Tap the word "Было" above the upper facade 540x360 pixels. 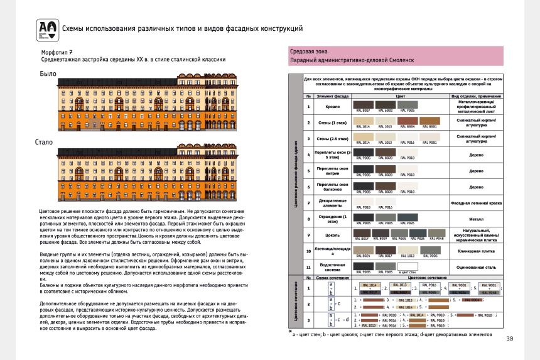click(x=47, y=74)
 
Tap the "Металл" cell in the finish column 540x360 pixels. click(x=475, y=219)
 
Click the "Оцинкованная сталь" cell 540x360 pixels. click(x=475, y=268)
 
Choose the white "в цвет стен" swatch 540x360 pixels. click(x=408, y=266)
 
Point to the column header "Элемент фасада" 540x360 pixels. click(x=332, y=95)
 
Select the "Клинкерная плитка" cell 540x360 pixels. click(x=475, y=251)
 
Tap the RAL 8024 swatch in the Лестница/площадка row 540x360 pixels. click(x=365, y=250)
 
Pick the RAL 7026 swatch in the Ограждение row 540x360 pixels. click(x=408, y=217)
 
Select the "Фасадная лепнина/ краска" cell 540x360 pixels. click(x=475, y=203)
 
